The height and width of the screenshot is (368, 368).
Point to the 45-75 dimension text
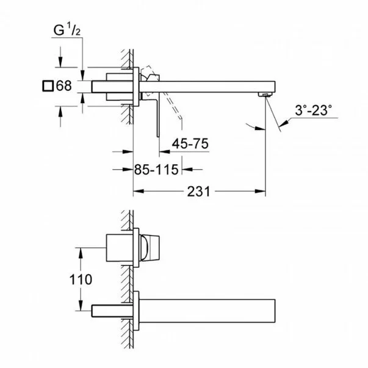[190, 143]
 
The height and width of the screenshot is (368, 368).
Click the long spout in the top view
[207, 85]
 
